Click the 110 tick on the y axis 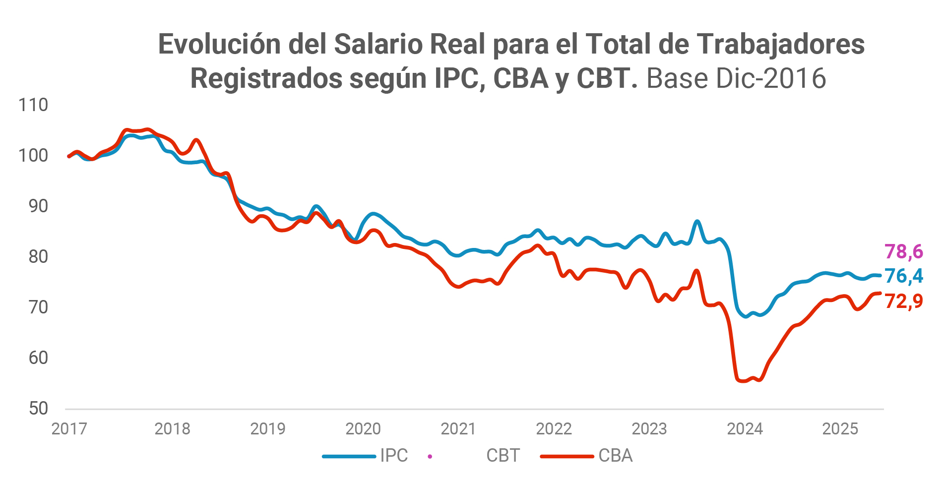(33, 105)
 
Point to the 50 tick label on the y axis (38, 409)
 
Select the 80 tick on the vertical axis (38, 257)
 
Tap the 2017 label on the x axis (69, 429)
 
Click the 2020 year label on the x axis (363, 429)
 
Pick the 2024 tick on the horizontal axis (745, 429)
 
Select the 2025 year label (840, 429)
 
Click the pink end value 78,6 (903, 252)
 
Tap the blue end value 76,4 (903, 276)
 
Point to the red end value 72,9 (903, 302)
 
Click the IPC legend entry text (394, 456)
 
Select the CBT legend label (503, 456)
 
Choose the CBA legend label (615, 456)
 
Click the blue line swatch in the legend (349, 456)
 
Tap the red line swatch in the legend (567, 456)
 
